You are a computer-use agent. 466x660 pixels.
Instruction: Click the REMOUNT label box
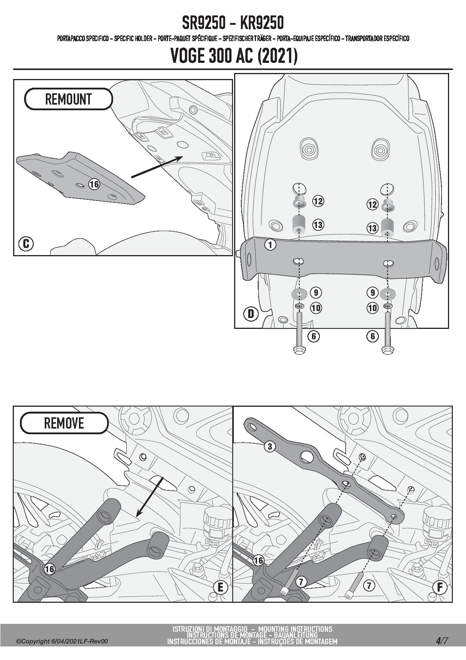(x=68, y=99)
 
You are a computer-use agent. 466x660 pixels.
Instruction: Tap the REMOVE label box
(x=64, y=423)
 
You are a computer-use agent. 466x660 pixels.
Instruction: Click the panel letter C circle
(x=26, y=244)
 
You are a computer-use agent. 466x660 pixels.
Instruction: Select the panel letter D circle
(x=251, y=313)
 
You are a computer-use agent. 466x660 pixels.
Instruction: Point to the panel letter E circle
(x=220, y=587)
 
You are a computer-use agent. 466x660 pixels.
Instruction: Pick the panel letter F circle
(x=440, y=587)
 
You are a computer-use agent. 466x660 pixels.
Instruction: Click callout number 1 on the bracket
(x=270, y=245)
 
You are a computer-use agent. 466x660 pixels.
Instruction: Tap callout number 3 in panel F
(x=270, y=447)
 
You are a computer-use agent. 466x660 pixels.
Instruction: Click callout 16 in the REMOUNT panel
(x=94, y=184)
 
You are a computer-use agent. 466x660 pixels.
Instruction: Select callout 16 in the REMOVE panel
(x=50, y=569)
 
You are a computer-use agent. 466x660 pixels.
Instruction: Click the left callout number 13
(x=318, y=225)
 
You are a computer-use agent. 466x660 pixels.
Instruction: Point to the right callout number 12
(x=372, y=205)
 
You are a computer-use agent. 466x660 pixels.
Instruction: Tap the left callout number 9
(x=316, y=293)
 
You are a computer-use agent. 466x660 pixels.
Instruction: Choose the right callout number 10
(x=372, y=308)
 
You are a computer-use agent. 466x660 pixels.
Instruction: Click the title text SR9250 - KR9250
(x=233, y=23)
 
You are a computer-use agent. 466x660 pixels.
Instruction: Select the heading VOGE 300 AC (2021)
(x=234, y=56)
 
